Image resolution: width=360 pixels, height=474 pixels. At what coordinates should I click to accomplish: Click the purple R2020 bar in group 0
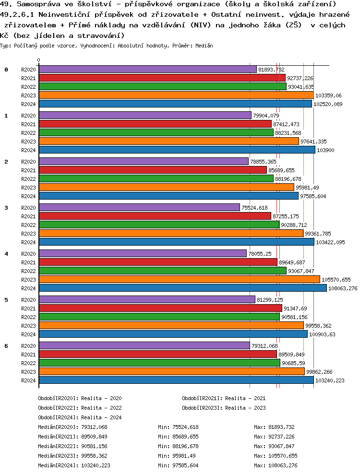pos(147,70)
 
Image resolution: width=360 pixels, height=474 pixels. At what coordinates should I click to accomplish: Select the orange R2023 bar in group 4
pos(179,279)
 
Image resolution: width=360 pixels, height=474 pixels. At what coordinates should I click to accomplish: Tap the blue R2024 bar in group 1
pos(177,150)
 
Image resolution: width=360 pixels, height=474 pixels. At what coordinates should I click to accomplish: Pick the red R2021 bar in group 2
pos(153,170)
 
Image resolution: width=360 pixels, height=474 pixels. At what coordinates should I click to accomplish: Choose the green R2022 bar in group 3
pos(159,225)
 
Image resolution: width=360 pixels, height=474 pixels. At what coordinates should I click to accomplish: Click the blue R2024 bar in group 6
pos(176,380)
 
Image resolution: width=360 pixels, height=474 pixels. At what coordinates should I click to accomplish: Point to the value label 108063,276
pos(343,288)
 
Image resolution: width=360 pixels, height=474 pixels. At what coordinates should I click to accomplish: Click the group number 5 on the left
pos(6,300)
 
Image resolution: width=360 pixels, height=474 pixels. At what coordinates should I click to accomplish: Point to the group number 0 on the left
pos(6,70)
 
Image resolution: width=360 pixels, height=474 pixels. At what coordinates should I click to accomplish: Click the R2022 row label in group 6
pos(29,363)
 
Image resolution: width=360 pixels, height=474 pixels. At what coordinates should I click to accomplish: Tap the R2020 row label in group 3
pos(29,208)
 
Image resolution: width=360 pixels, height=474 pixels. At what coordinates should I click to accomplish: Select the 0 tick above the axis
pos(39,60)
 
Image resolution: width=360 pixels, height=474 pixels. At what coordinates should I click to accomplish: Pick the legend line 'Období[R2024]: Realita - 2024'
pos(80,417)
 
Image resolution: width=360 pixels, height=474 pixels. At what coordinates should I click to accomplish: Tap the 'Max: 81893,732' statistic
pos(274,427)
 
